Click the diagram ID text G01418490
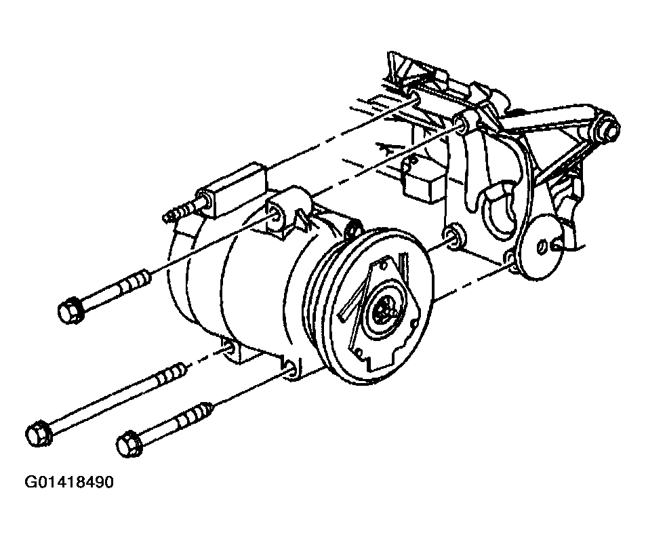[68, 482]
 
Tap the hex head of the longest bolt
[38, 433]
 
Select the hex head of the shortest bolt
[129, 443]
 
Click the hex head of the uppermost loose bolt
[70, 309]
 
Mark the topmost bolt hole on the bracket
[413, 98]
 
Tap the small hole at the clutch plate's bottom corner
[359, 353]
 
